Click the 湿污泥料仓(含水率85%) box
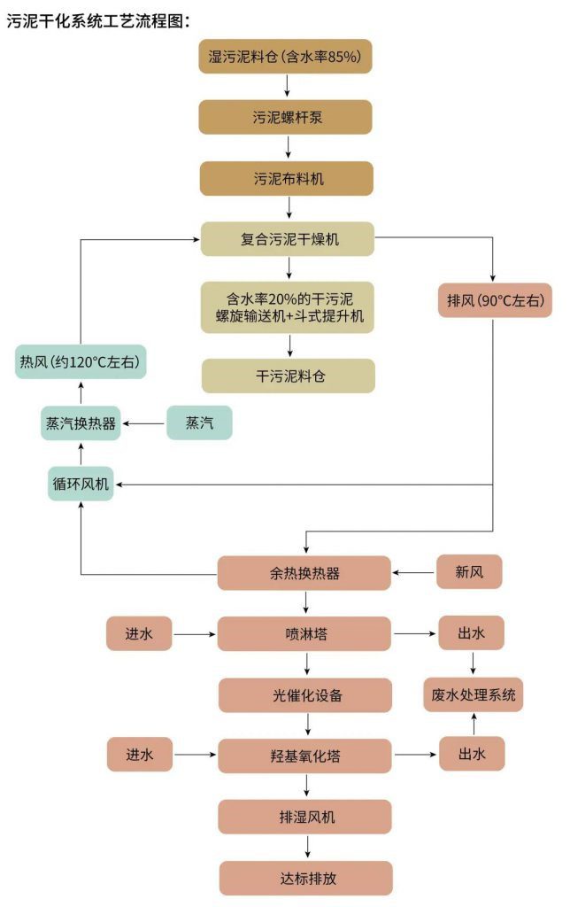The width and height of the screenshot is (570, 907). (285, 57)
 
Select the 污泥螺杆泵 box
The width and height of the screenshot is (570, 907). (285, 117)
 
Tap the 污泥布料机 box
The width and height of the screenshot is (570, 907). (285, 178)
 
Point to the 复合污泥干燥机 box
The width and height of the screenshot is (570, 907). (288, 239)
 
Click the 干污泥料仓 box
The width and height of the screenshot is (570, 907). (288, 376)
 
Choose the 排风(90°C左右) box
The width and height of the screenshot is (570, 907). (495, 300)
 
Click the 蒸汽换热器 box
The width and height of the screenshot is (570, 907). (81, 423)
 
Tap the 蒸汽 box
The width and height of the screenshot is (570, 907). (199, 423)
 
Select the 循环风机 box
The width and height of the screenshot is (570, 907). (81, 484)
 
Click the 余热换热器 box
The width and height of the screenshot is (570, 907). (304, 573)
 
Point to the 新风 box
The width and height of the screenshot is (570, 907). (469, 573)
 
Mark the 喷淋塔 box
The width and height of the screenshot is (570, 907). (304, 634)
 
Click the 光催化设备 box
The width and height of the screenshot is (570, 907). (304, 695)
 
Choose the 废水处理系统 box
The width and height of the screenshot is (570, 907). (473, 694)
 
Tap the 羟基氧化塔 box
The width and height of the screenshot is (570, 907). (304, 756)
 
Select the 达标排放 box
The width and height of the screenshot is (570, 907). (304, 878)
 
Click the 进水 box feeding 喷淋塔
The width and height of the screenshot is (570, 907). (139, 634)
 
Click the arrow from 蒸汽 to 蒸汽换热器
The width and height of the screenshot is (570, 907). (143, 423)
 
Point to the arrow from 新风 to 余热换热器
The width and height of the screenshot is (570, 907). (414, 573)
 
